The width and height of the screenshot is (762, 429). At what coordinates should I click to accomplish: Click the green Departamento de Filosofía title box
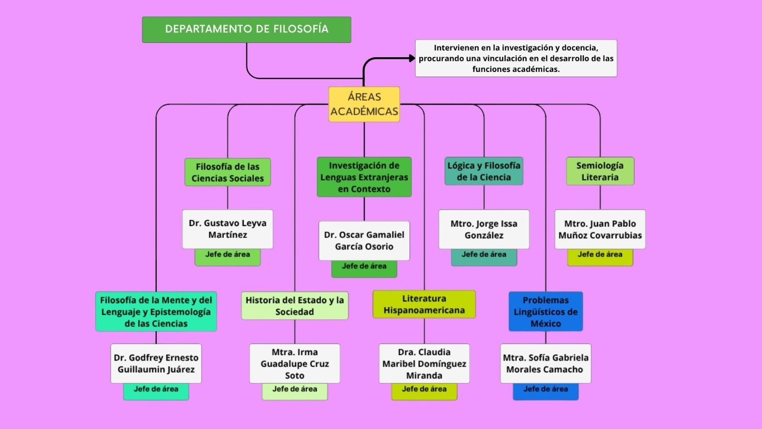(x=246, y=30)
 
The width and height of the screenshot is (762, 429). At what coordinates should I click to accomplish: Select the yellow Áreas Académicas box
(x=364, y=104)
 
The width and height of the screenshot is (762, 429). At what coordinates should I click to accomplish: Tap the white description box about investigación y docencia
(x=516, y=58)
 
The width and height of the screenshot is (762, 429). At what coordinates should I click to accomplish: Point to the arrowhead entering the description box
(x=412, y=58)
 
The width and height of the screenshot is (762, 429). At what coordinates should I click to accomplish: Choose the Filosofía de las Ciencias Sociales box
(x=228, y=172)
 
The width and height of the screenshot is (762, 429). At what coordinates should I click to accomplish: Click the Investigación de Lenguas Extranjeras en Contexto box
(x=364, y=177)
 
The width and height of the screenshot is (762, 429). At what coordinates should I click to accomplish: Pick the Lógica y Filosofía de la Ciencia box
(x=484, y=171)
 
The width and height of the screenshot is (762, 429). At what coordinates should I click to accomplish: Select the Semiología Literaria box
(x=600, y=171)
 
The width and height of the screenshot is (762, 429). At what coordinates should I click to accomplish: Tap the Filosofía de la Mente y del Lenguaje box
(x=156, y=312)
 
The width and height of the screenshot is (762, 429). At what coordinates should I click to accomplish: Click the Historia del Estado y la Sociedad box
(x=295, y=306)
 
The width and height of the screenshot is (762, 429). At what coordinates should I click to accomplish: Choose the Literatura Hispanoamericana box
(x=424, y=304)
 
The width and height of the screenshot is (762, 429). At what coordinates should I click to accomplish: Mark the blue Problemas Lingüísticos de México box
(x=546, y=312)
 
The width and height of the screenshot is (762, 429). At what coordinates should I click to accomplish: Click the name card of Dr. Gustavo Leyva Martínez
(x=228, y=229)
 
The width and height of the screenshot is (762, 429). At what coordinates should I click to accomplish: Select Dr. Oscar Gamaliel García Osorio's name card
(x=364, y=240)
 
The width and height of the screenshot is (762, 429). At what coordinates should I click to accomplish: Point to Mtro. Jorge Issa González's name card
(x=484, y=229)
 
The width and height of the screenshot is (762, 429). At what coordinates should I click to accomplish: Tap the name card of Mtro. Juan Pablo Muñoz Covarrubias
(x=600, y=229)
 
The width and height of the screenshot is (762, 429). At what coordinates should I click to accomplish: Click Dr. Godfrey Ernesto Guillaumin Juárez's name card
(x=156, y=363)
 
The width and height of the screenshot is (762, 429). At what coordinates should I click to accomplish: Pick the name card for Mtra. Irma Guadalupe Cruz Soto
(x=295, y=363)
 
